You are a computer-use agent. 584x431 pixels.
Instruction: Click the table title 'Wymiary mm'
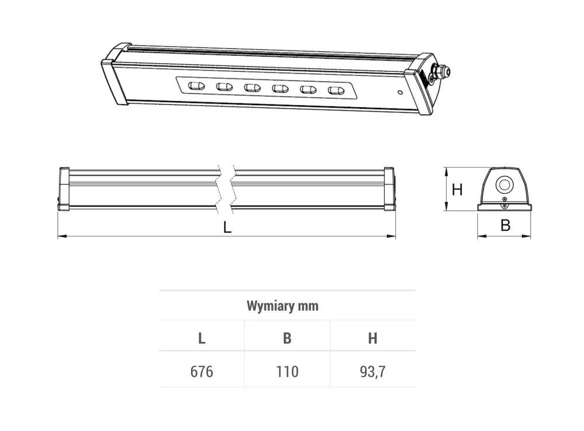pos(283,306)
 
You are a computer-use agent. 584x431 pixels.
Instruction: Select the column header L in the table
pos(201,338)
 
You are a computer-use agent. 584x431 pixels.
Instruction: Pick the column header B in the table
pos(287,338)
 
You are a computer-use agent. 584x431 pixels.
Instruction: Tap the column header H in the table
pos(373,338)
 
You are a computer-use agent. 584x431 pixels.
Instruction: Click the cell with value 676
pos(201,371)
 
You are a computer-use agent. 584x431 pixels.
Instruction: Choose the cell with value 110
pos(287,371)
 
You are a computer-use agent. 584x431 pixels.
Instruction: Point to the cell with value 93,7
pos(373,371)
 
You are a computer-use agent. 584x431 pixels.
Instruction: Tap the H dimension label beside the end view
pos(457,190)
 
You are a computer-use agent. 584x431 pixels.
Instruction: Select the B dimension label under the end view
pos(505,225)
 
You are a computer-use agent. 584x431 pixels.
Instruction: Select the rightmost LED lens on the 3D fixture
pos(335,91)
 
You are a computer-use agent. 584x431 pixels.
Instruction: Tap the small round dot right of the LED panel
pos(399,92)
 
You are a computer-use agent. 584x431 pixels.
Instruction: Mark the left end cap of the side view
pos(64,188)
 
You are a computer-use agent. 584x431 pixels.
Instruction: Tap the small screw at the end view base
pos(504,204)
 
